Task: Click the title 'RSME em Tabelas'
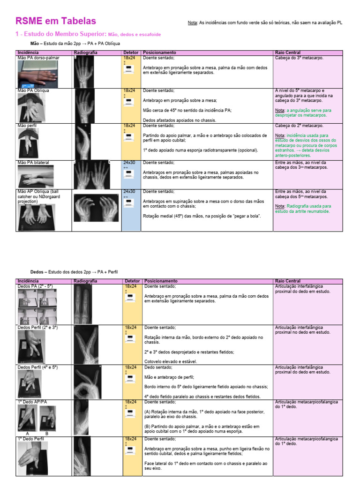click(x=56, y=21)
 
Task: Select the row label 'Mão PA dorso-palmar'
click(x=35, y=58)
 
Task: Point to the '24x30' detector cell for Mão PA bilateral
click(x=129, y=163)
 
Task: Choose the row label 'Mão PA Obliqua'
click(x=33, y=91)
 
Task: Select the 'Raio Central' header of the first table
click(x=287, y=52)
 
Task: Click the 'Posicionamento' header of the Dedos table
click(x=160, y=281)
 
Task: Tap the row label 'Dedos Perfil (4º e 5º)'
click(x=38, y=367)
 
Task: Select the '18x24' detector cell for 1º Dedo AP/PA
click(x=130, y=402)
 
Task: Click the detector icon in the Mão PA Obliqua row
click(x=128, y=106)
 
